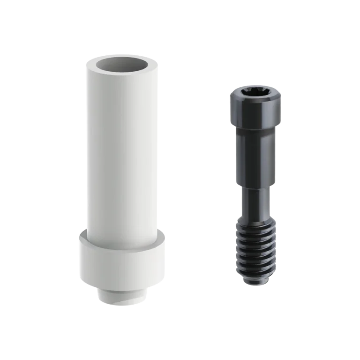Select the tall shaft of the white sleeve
pyautogui.click(x=121, y=150)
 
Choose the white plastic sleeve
pyautogui.click(x=121, y=178)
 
